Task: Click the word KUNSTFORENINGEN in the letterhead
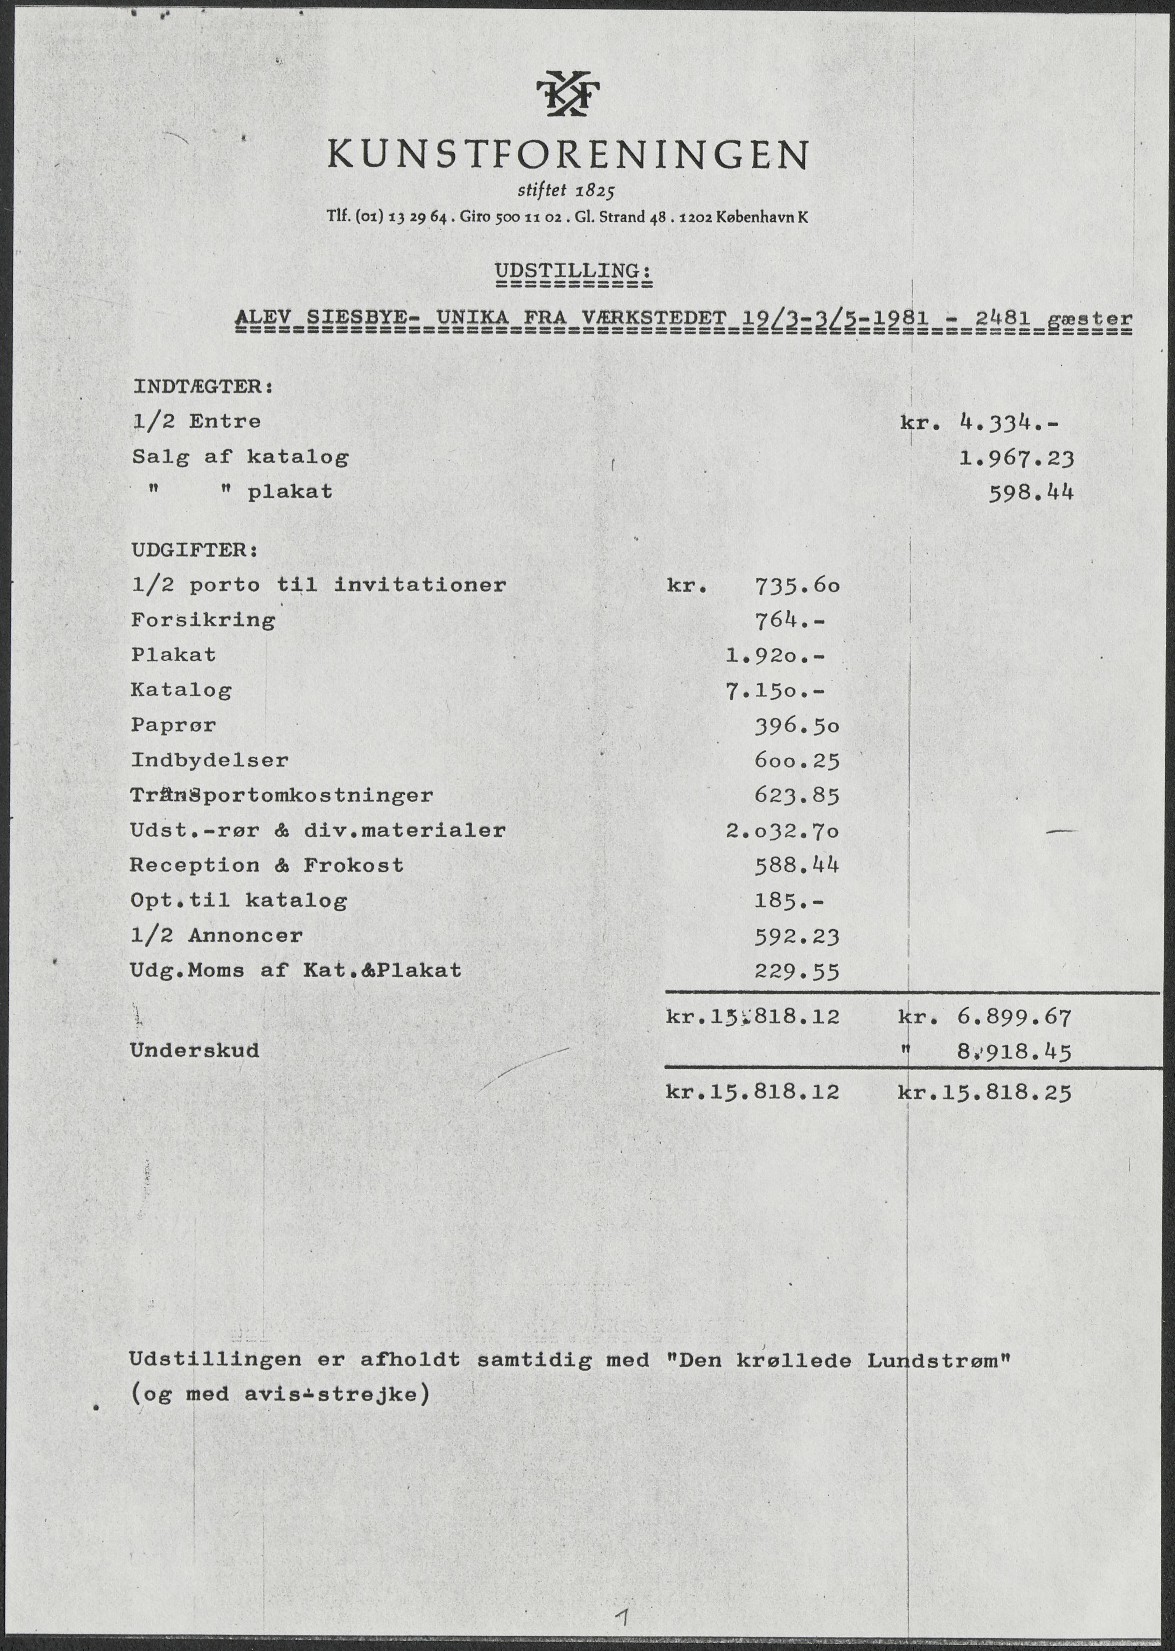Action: tap(568, 154)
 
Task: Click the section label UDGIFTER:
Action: tap(194, 550)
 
